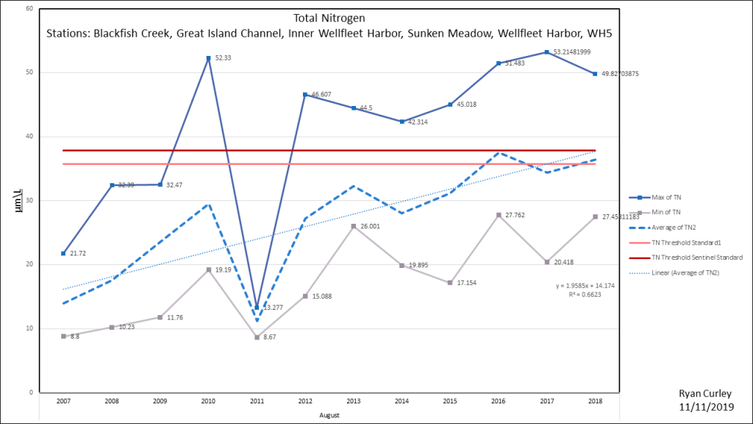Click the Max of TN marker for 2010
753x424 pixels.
[x=208, y=58]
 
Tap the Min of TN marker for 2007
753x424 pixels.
[x=63, y=336]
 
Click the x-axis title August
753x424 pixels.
[x=329, y=415]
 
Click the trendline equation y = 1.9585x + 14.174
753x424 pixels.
[x=585, y=284]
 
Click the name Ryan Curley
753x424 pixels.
[x=705, y=395]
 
